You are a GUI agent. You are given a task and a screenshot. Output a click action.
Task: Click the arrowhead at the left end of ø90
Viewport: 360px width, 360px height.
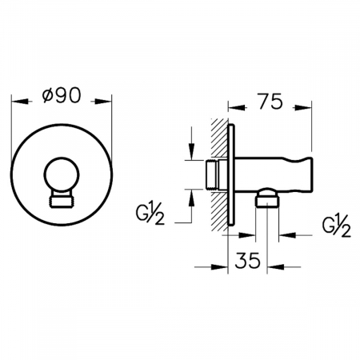19,102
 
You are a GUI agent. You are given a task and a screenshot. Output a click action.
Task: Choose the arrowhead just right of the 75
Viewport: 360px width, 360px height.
307,105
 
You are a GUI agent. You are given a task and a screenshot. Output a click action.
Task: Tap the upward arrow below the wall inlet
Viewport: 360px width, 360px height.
190,194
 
